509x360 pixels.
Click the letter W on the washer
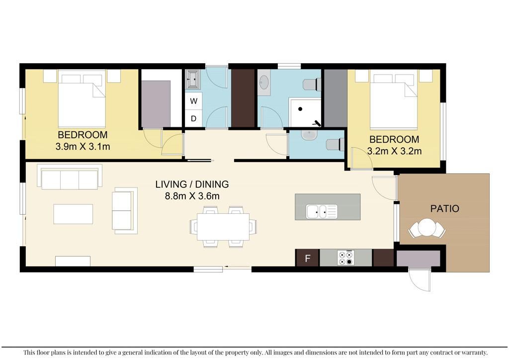pos(194,101)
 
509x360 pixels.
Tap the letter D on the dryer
pos(193,118)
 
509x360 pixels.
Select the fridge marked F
pos(307,258)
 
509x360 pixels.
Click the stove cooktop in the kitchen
pos(345,258)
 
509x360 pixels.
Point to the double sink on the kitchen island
pos(322,211)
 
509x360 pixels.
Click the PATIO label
pos(445,208)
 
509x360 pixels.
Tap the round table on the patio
pos(427,228)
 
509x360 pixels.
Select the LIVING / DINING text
pos(192,184)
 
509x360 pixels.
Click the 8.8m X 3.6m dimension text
pos(192,196)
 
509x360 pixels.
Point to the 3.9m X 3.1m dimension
pos(83,147)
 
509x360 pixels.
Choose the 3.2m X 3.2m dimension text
pos(394,151)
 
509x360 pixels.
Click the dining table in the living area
pos(223,226)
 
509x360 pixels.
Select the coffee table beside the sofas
pos(73,214)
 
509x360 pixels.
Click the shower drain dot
pos(301,109)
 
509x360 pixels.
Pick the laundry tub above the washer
pos(193,80)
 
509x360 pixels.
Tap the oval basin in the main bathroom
pos(264,82)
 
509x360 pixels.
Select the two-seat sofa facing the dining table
pos(124,211)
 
